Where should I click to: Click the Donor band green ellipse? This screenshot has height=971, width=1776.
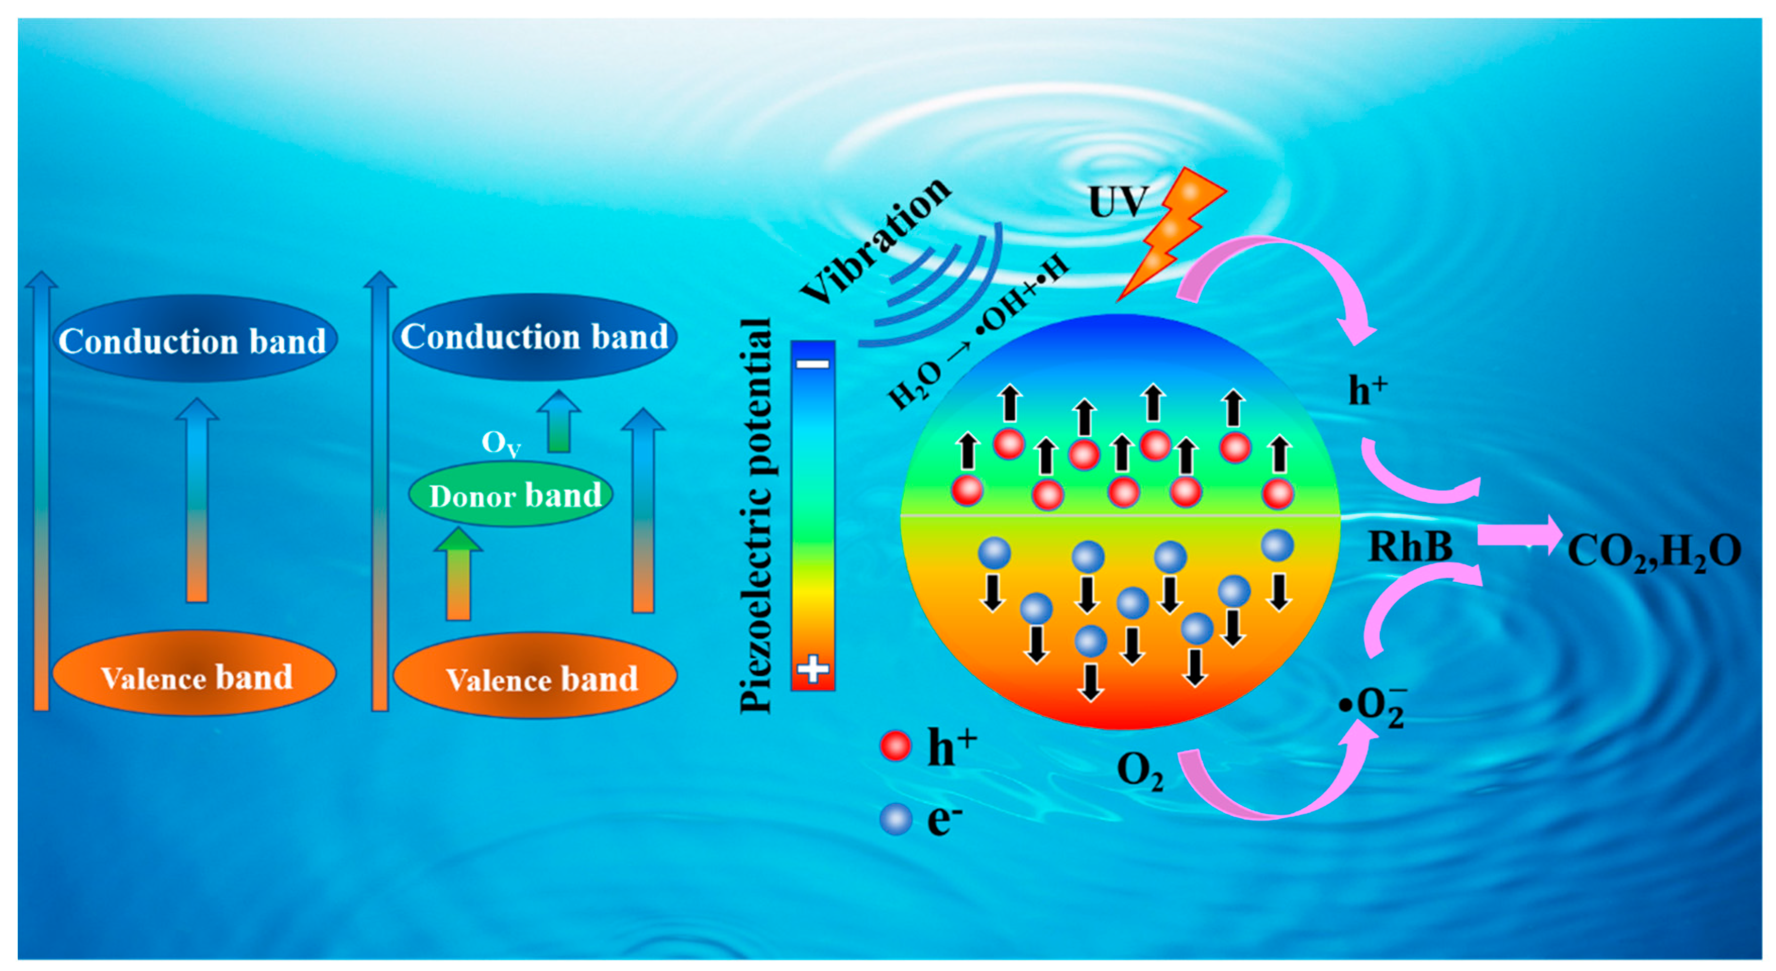510,495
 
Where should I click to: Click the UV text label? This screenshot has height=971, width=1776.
1117,202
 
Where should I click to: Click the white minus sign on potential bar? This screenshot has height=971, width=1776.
813,364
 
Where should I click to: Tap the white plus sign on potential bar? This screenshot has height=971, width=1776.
813,669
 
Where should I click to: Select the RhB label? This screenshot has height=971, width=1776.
1410,547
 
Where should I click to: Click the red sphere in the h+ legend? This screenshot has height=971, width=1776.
896,746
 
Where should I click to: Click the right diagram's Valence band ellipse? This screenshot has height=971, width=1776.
536,676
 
